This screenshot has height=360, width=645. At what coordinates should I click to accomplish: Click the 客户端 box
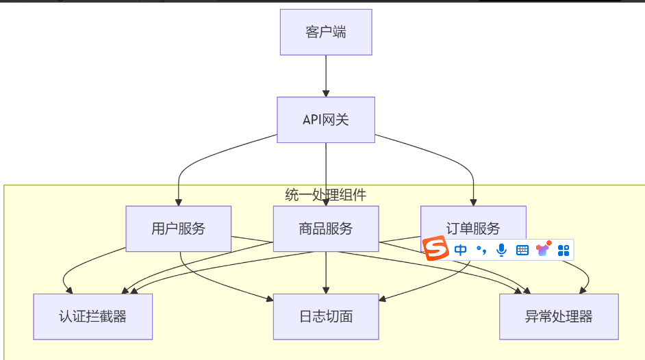[x=326, y=32]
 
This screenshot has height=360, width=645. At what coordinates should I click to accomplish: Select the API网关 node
[x=326, y=120]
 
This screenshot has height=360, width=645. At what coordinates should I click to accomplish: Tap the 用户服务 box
[x=178, y=229]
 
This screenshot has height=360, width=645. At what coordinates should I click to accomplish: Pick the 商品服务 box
[x=326, y=229]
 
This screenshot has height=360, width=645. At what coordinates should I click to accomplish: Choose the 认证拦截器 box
[x=93, y=316]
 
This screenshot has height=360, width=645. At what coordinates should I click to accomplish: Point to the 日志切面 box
[x=326, y=316]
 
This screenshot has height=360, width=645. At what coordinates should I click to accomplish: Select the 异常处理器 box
[x=559, y=316]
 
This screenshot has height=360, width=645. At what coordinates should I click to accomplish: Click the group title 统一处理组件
[x=326, y=195]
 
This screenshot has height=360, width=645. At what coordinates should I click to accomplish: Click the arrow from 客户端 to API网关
[x=326, y=75]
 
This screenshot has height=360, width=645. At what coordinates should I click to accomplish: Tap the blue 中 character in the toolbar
[x=461, y=250]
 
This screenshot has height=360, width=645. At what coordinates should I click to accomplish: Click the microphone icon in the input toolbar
[x=502, y=250]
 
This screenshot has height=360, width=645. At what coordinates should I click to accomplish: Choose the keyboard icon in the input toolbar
[x=522, y=250]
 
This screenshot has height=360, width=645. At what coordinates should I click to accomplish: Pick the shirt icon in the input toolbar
[x=544, y=249]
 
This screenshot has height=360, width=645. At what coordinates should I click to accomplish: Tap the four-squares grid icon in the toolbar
[x=564, y=250]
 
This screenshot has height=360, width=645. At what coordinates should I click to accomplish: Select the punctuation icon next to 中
[x=481, y=250]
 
